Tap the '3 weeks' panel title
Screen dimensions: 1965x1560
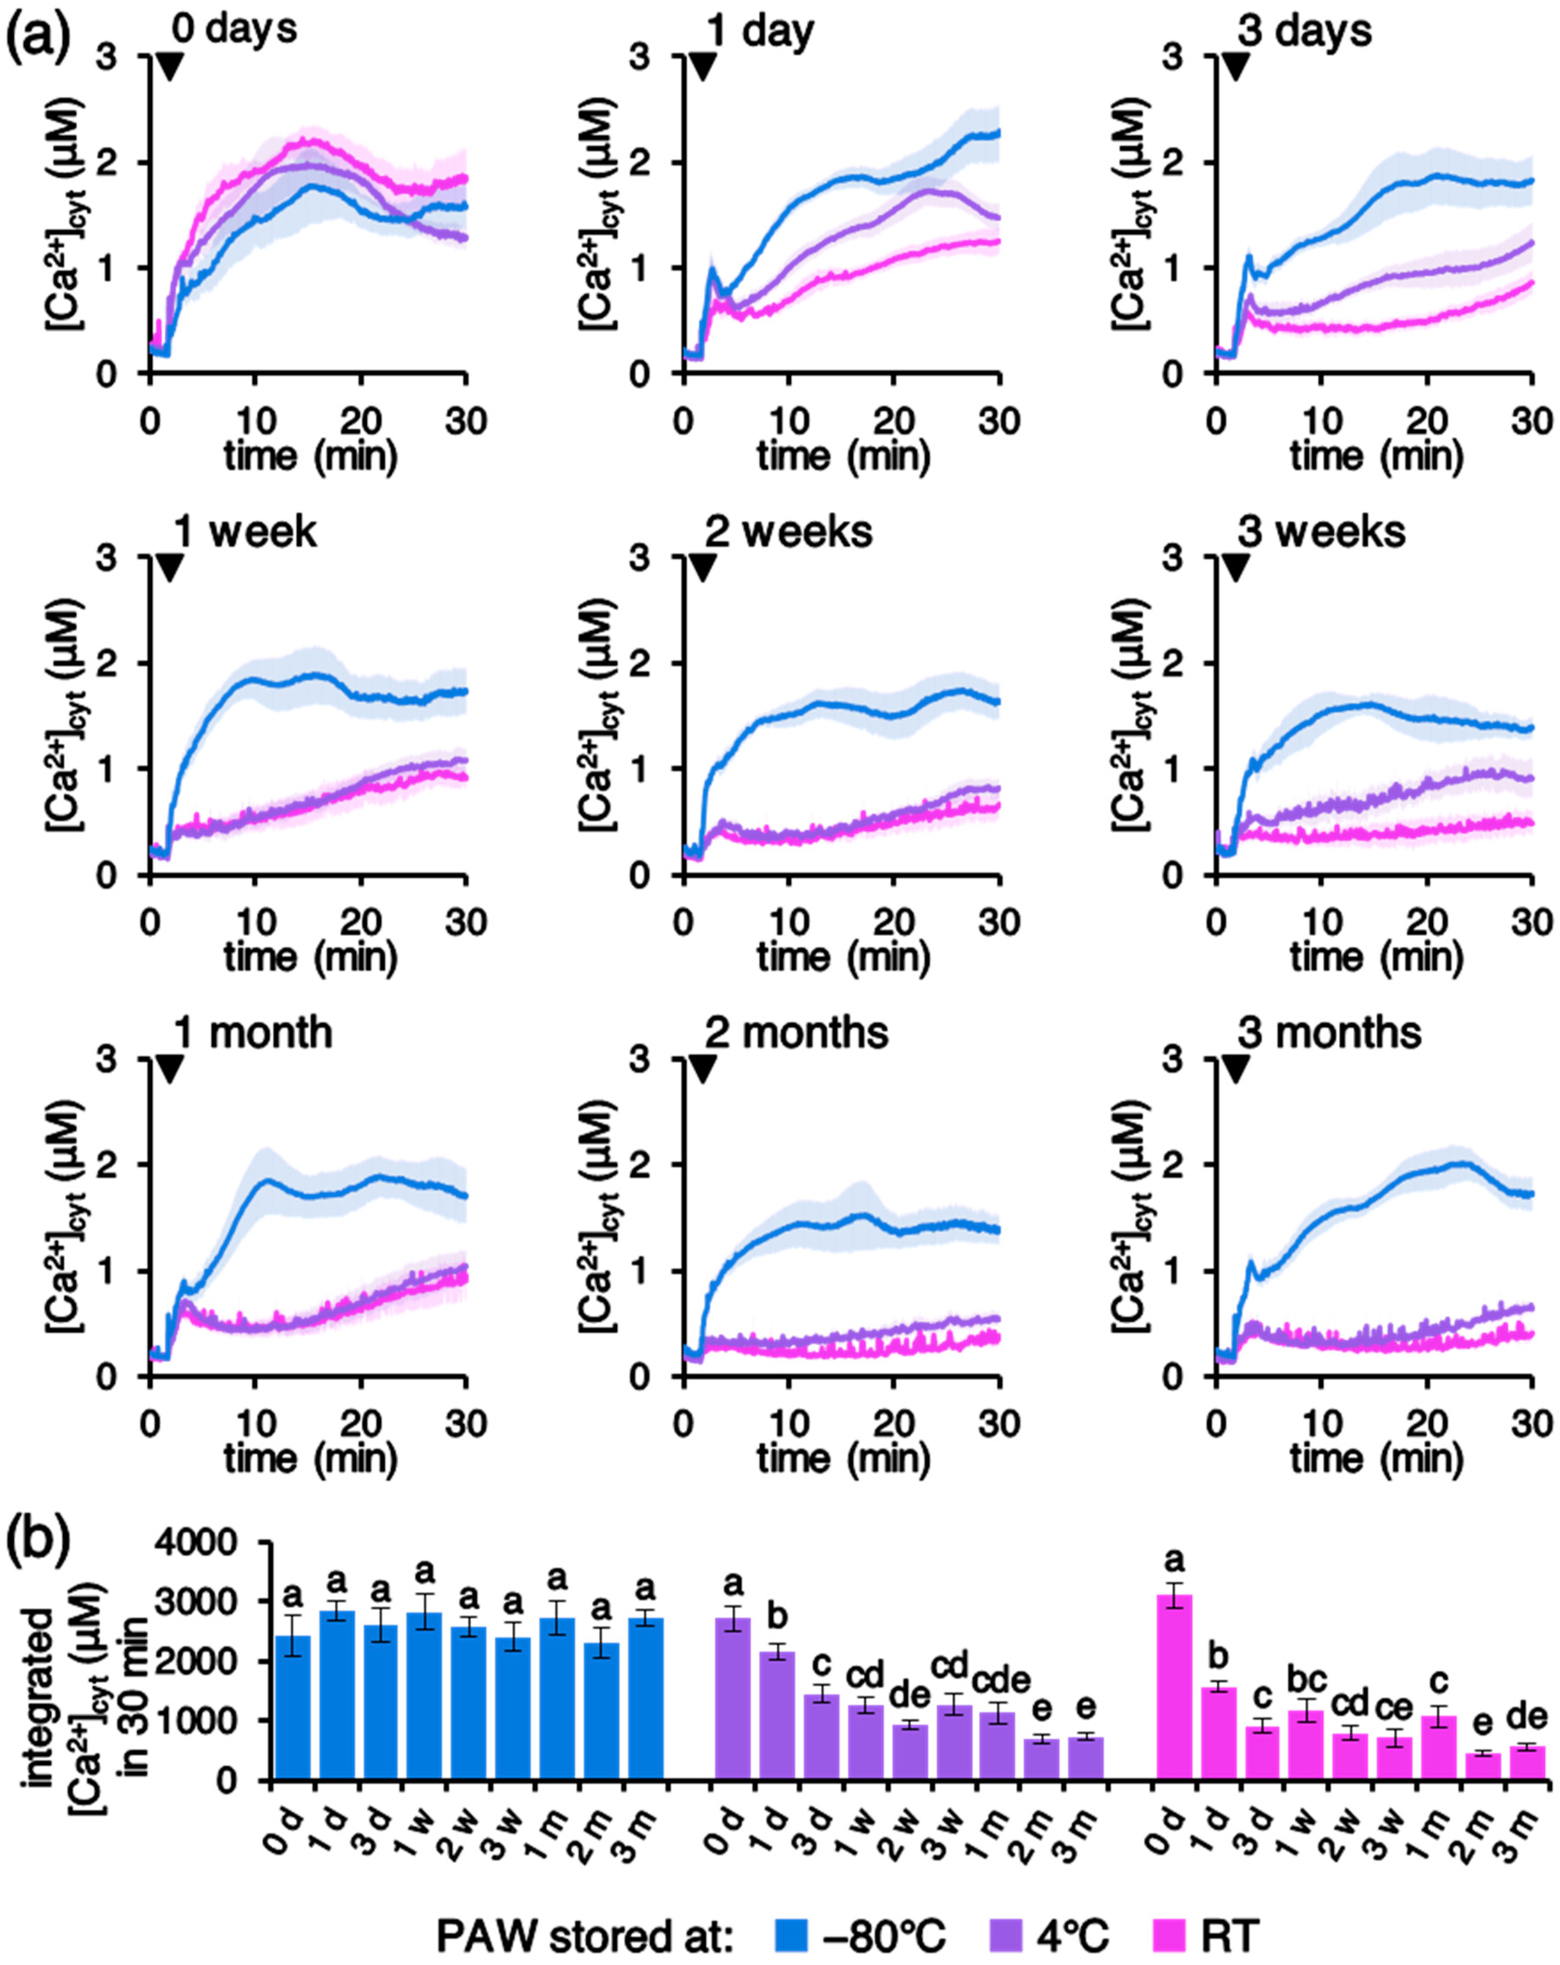[1321, 531]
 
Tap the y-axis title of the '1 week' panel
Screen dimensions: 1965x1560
[66, 715]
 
